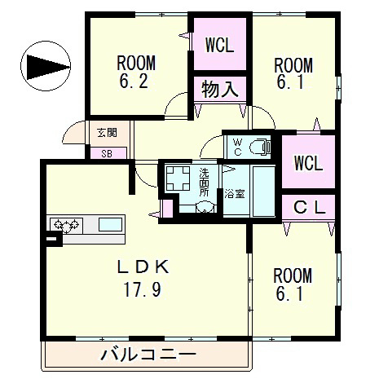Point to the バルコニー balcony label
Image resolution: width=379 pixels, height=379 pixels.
point(148,355)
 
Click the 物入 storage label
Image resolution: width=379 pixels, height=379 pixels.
point(219,89)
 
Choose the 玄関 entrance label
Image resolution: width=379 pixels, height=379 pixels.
point(107,133)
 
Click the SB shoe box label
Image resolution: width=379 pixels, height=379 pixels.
point(107,152)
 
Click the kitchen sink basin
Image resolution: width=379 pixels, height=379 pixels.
point(110,223)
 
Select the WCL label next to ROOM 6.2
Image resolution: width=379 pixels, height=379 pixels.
point(219,45)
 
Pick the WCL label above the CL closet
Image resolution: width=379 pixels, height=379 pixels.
point(308,161)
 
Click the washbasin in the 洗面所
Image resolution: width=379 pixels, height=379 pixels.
point(204,206)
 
